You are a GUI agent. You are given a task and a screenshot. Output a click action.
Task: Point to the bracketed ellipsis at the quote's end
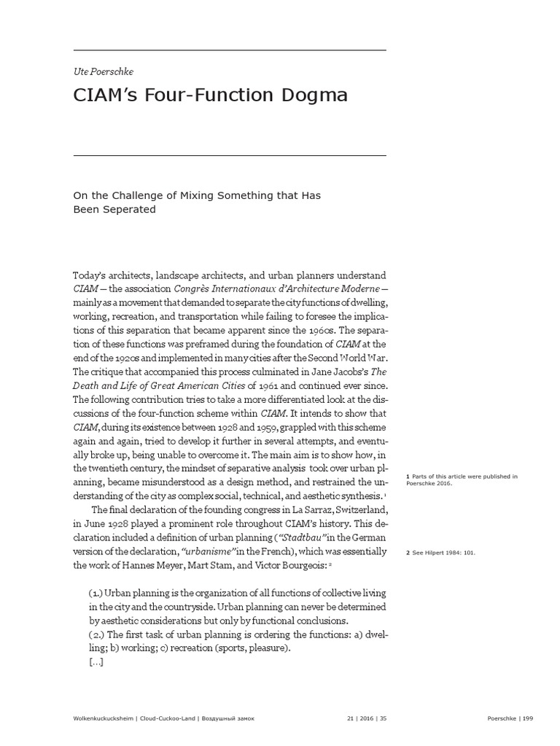pos(96,662)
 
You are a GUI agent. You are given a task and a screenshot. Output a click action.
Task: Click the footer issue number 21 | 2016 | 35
pos(365,718)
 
